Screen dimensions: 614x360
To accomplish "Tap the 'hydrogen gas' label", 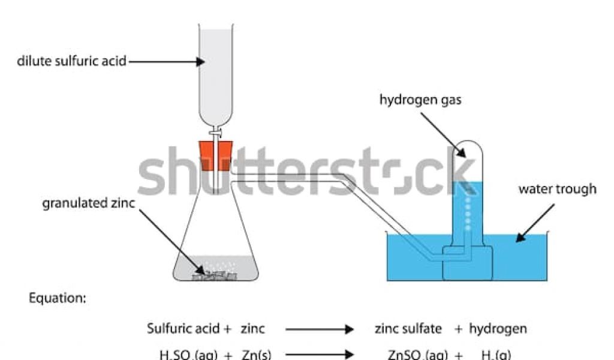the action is coord(420,100).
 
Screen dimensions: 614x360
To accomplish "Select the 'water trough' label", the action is coord(557,190).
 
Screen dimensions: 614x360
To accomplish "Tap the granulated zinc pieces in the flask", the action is coord(214,274).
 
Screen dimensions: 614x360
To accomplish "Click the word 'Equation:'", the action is coord(58,299).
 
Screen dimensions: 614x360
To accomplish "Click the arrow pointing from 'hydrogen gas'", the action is coord(443,133).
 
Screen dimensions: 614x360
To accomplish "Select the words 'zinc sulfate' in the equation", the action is coord(408,329).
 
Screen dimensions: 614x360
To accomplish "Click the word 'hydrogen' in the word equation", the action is coord(498,329).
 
